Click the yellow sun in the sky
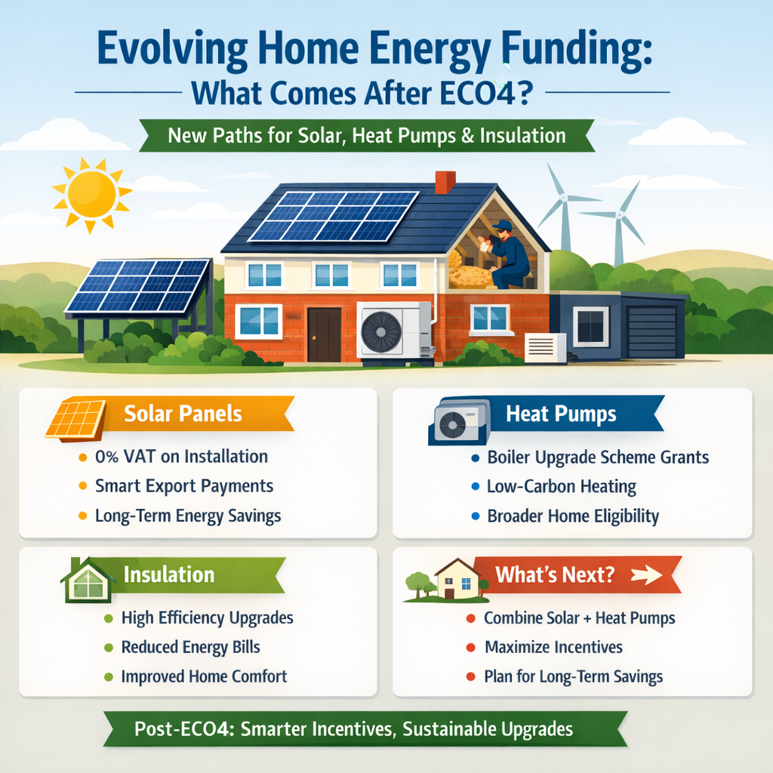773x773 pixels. pos(91,194)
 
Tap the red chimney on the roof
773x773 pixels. pos(445,181)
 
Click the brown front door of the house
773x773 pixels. pos(324,334)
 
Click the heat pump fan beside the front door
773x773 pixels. pos(381,330)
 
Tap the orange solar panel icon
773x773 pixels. pos(75,418)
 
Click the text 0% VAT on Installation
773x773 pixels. pos(181,456)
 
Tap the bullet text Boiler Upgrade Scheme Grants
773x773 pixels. pos(598,457)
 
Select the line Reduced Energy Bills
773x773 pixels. pos(190,648)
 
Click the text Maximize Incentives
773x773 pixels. pos(553,647)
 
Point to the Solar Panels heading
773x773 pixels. pos(183,414)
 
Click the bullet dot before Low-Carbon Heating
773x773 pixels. pos(475,488)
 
